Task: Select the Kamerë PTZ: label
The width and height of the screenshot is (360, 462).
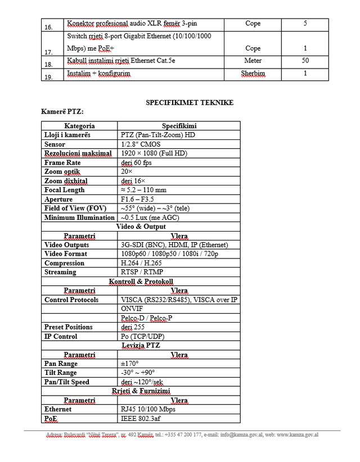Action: click(62, 111)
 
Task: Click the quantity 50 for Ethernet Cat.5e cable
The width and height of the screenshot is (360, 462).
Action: click(305, 60)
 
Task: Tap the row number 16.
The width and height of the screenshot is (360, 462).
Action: click(49, 27)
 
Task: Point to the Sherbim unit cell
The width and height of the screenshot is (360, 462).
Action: click(253, 74)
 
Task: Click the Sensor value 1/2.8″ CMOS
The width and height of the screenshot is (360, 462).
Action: click(140, 144)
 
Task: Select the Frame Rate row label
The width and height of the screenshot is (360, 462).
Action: click(62, 162)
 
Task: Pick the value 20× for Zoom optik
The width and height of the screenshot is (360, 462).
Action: click(127, 171)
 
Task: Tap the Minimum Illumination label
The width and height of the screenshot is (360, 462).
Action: click(79, 218)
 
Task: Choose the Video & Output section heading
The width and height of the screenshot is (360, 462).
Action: click(141, 227)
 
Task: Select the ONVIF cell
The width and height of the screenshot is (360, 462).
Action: click(132, 309)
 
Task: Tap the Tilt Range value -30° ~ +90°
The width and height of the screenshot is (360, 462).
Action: click(138, 373)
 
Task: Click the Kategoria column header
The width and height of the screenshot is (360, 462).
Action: click(79, 126)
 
